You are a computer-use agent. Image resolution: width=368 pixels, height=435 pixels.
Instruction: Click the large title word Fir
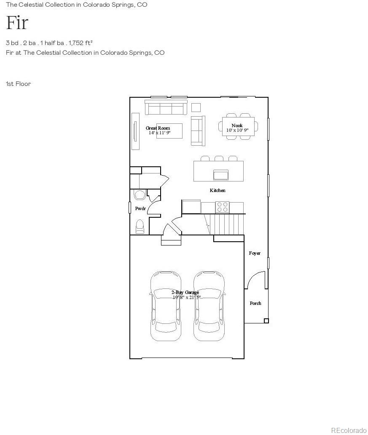click(17, 23)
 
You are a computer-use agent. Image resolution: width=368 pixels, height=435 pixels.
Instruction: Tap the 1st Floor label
click(19, 84)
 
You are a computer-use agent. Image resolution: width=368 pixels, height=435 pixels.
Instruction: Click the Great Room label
click(158, 128)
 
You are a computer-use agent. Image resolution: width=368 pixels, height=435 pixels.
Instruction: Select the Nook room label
click(237, 125)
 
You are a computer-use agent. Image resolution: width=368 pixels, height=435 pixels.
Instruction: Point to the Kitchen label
click(218, 190)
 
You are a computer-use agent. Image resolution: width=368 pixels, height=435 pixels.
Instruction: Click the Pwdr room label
click(140, 208)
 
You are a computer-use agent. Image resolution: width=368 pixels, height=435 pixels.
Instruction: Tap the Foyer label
click(255, 253)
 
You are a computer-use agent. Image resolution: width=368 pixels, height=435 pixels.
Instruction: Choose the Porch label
click(255, 303)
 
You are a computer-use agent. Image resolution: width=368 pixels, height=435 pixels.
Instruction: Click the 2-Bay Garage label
click(185, 292)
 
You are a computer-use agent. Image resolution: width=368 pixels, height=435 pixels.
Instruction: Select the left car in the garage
click(166, 306)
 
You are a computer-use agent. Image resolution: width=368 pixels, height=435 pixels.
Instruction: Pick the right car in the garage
click(209, 306)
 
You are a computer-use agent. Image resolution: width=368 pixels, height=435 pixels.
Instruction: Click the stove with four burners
click(222, 207)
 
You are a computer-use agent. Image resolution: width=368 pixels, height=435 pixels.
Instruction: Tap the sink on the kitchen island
click(221, 174)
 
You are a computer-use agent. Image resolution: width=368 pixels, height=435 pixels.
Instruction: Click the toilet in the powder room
click(140, 227)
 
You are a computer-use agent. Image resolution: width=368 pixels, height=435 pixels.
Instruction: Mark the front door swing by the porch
click(255, 280)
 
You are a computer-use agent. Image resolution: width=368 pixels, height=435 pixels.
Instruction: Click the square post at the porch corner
click(266, 321)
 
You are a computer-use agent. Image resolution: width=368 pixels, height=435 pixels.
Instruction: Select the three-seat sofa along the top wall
click(166, 108)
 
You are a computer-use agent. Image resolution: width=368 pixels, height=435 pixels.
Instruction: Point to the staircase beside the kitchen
click(226, 224)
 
